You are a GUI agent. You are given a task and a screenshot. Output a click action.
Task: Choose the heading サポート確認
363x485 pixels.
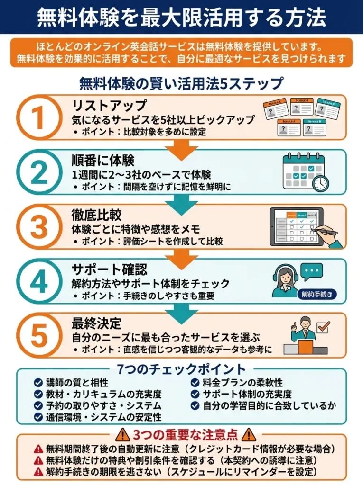(x=109, y=269)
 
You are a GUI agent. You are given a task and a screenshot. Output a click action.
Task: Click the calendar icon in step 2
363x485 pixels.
(x=302, y=171)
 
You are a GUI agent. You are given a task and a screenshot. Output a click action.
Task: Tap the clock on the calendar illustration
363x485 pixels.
(x=321, y=183)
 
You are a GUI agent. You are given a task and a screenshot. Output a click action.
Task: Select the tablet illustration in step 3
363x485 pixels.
(x=297, y=226)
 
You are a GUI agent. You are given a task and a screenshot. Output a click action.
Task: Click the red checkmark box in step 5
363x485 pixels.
(x=323, y=326)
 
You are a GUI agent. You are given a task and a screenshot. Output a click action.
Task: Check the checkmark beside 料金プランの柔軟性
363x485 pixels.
(x=195, y=382)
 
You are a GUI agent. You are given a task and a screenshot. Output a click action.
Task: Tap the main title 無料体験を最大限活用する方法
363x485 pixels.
(x=181, y=17)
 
